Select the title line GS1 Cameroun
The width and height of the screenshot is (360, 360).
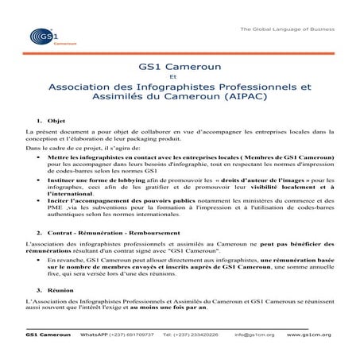click(179, 68)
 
